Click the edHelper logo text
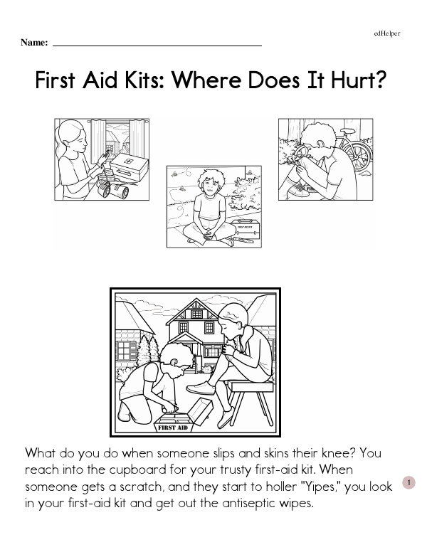click(x=387, y=33)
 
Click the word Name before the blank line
click(x=34, y=43)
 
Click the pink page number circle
click(x=408, y=483)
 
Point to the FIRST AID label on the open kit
click(x=173, y=428)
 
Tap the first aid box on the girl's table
click(x=129, y=166)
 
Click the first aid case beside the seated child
click(x=246, y=230)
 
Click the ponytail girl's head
click(x=73, y=137)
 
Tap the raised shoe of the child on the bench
click(x=201, y=388)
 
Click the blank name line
click(x=157, y=46)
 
